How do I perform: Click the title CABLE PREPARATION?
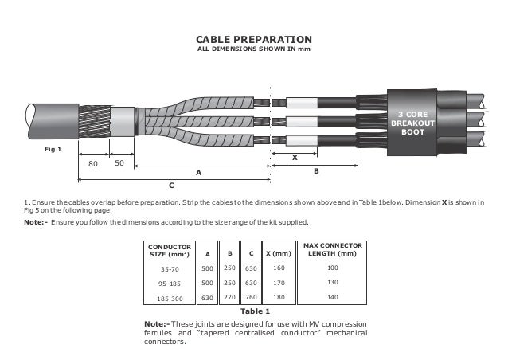click(253, 39)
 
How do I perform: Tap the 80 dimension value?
click(92, 162)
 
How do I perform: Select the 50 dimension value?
click(119, 162)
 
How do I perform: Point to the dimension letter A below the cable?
click(198, 171)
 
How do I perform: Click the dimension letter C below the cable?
click(171, 185)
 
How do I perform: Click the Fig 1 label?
click(53, 148)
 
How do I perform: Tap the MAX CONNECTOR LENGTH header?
click(332, 249)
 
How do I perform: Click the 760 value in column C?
click(252, 298)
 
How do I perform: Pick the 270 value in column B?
click(229, 298)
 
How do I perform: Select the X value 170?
click(279, 282)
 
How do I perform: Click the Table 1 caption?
click(255, 311)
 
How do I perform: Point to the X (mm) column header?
click(279, 253)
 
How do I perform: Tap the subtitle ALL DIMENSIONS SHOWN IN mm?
click(253, 49)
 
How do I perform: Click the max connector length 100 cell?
click(332, 268)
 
